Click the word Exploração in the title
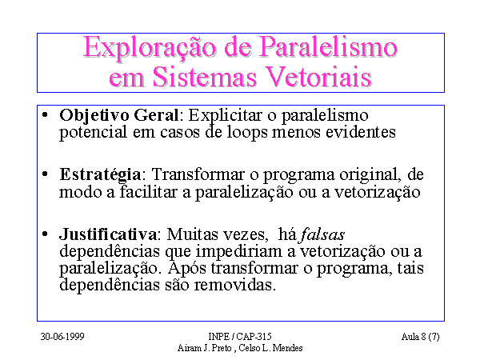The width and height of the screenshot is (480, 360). (150, 48)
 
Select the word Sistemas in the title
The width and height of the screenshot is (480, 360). (204, 77)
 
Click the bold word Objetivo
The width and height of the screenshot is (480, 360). (94, 117)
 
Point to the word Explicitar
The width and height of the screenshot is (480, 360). (225, 117)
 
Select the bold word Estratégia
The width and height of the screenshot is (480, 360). (100, 175)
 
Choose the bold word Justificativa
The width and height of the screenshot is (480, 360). (108, 234)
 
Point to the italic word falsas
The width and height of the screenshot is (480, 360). (322, 234)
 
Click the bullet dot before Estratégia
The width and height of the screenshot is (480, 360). (45, 174)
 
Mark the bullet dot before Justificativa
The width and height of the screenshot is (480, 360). (45, 234)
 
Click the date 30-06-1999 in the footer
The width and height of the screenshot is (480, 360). (62, 337)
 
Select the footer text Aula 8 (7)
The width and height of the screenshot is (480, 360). (420, 337)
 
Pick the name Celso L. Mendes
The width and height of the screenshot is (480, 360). (270, 348)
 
